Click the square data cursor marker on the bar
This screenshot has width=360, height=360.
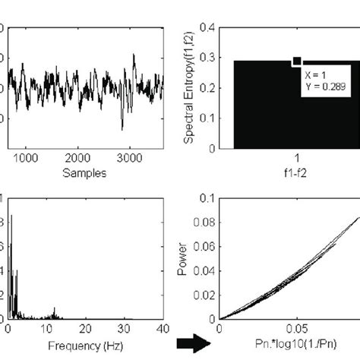click(x=297, y=62)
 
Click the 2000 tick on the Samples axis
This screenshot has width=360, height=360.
click(x=77, y=158)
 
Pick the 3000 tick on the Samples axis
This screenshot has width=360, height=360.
click(x=130, y=158)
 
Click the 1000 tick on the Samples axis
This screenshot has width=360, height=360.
click(x=26, y=158)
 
